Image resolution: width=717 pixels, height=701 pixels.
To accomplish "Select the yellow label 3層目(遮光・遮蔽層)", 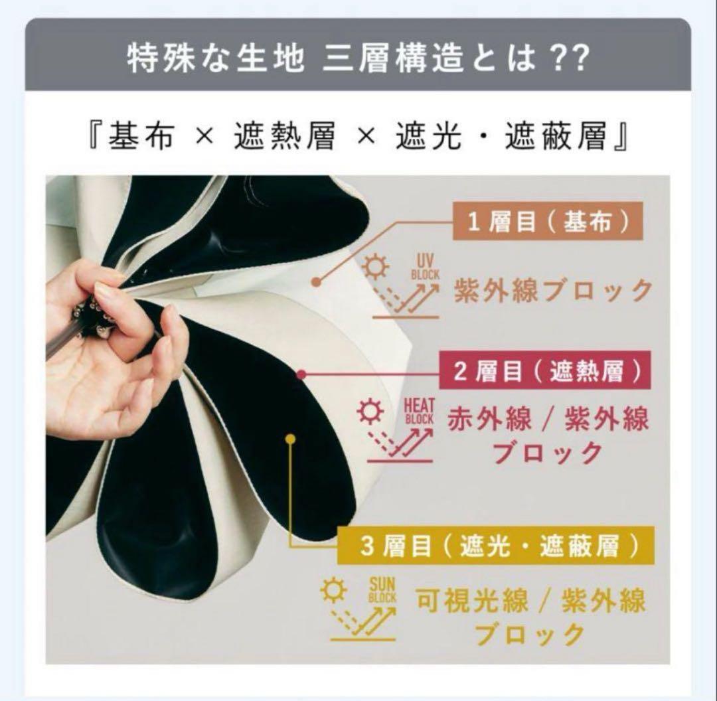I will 495,546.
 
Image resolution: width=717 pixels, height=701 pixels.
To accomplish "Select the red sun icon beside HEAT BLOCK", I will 369,412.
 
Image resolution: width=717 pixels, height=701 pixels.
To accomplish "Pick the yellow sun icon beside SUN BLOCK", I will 333,590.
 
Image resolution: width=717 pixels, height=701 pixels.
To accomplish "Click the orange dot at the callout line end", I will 316,281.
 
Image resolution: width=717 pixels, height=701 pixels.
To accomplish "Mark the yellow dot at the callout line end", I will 290,438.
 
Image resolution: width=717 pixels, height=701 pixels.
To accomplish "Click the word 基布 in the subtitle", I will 133,137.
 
